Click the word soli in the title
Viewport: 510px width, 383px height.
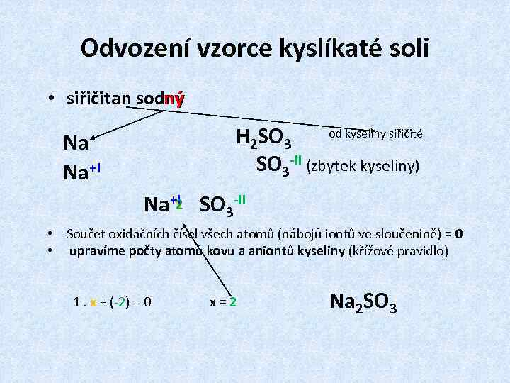click(x=409, y=48)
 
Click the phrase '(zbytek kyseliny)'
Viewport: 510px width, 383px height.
click(x=363, y=166)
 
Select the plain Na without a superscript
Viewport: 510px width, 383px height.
click(x=76, y=144)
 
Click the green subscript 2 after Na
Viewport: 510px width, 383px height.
click(x=179, y=206)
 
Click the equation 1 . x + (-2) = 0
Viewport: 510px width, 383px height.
click(x=112, y=301)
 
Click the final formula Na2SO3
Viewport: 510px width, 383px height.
click(x=363, y=302)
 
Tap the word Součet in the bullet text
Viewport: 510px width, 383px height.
click(x=86, y=234)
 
